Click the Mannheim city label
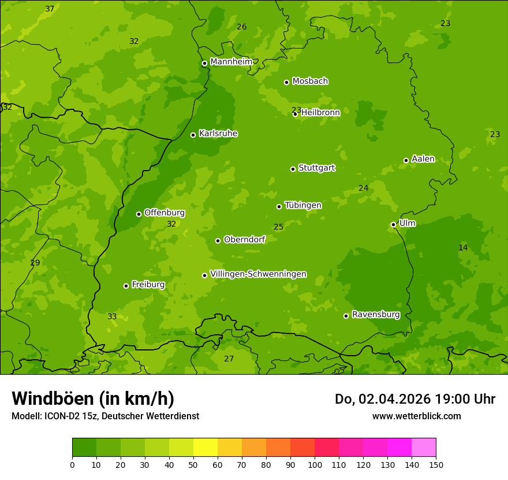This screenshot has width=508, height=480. (x=231, y=62)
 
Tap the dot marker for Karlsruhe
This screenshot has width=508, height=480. (x=193, y=135)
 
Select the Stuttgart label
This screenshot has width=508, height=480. (x=316, y=168)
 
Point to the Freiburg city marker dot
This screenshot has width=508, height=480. (x=126, y=286)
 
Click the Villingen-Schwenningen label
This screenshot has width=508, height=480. (x=258, y=274)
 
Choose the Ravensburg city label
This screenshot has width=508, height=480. (x=375, y=315)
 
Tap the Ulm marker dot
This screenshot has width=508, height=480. (x=394, y=224)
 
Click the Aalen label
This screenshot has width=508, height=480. (x=423, y=159)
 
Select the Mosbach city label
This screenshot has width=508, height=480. (x=310, y=82)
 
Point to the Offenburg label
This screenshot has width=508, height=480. (x=164, y=213)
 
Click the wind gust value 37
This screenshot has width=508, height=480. (x=50, y=9)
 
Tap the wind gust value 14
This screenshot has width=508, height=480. (x=463, y=248)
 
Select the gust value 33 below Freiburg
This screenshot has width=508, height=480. (x=112, y=317)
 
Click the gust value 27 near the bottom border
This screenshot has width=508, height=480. (x=229, y=359)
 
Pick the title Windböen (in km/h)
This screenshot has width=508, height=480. (x=93, y=398)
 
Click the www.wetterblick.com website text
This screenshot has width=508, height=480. (x=416, y=416)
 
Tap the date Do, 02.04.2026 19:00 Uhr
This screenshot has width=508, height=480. (x=414, y=399)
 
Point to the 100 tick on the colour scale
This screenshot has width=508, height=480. (x=315, y=464)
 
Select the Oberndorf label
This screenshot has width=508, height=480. (x=244, y=239)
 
